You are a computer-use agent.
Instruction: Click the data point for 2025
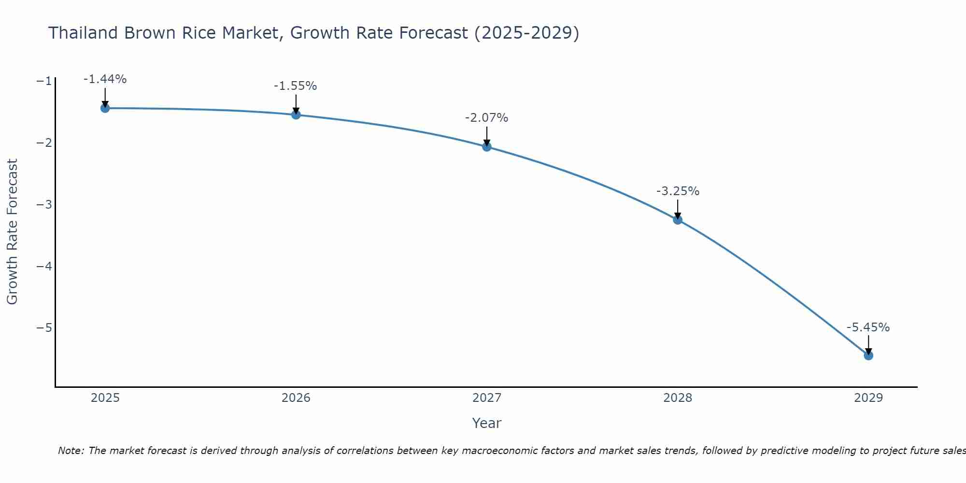point(105,108)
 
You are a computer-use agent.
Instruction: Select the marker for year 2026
point(296,114)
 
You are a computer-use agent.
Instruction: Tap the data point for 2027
point(487,147)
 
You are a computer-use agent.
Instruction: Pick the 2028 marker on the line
point(678,220)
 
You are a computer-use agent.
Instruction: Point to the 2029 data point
point(868,355)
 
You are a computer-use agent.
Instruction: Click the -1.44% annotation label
point(105,79)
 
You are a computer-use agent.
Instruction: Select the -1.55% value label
point(295,86)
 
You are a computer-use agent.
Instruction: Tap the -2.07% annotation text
point(486,118)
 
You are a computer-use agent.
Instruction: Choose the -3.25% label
point(678,191)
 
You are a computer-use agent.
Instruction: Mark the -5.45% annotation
point(868,327)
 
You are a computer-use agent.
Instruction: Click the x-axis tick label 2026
point(296,398)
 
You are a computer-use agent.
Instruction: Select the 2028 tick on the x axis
point(678,398)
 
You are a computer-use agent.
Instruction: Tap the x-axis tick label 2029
point(868,398)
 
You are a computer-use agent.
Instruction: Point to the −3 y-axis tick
point(44,204)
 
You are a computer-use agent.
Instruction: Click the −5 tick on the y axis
point(44,328)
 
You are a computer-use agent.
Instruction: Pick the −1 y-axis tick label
point(44,81)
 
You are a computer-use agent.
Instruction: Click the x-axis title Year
point(486,423)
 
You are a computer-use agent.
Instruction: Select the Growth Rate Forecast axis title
point(12,231)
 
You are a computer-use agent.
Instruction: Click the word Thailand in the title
point(83,33)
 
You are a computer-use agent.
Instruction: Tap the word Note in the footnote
point(71,451)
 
